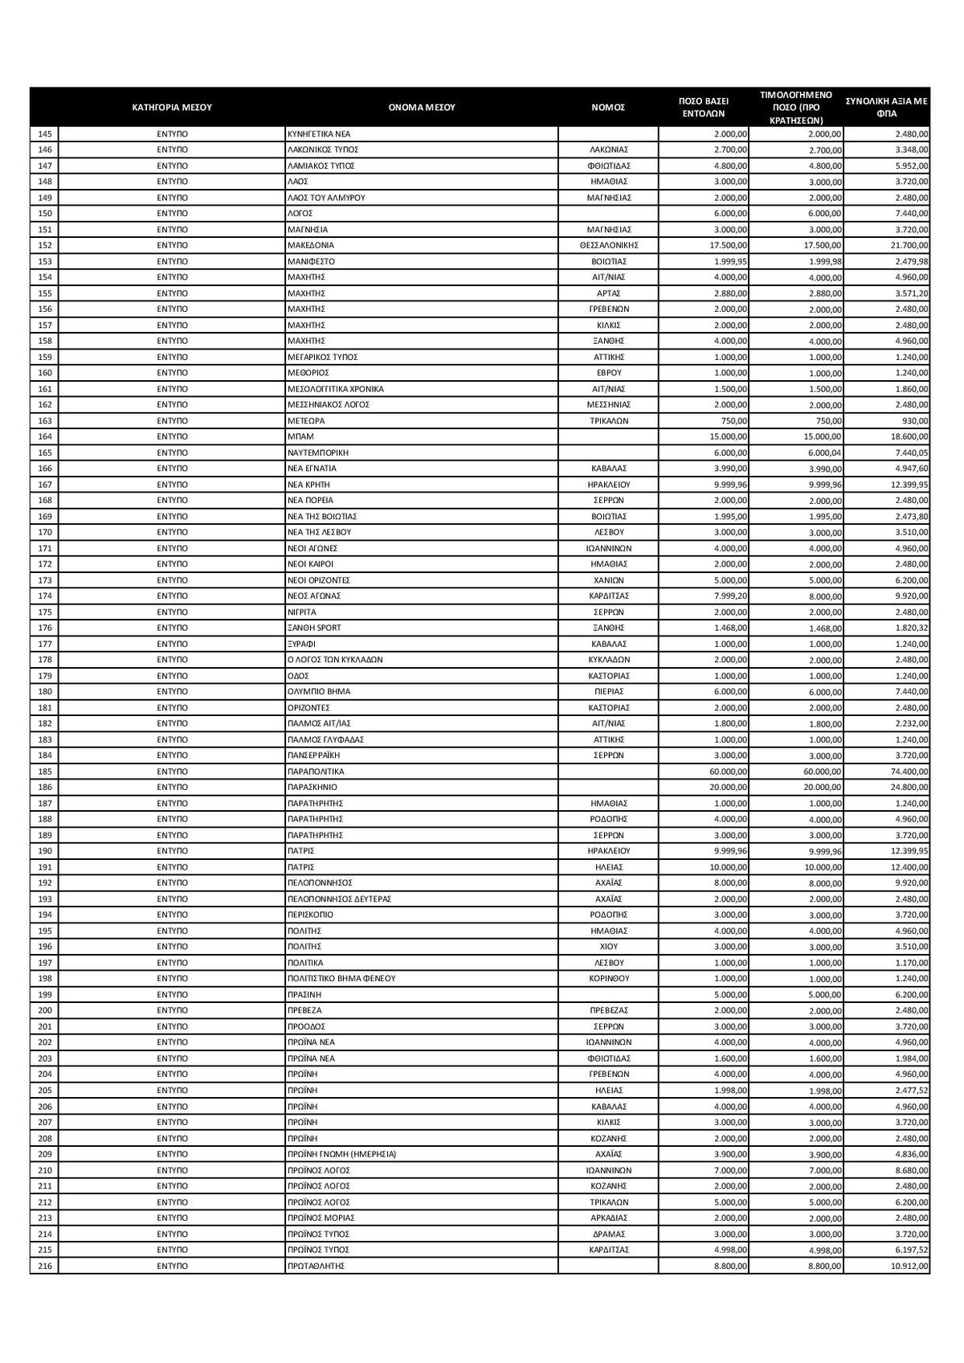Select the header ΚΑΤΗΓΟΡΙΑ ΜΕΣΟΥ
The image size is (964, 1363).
pos(171,106)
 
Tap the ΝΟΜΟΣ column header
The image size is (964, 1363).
pos(608,106)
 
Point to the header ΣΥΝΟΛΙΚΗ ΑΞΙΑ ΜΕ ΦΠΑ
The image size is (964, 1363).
pos(886,106)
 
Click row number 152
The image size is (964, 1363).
pos(44,245)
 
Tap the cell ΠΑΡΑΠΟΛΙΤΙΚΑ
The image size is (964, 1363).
pos(315,772)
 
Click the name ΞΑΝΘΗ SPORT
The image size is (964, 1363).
pos(314,628)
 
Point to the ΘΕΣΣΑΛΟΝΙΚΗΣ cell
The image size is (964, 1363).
pos(608,245)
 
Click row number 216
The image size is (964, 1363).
pos(44,1266)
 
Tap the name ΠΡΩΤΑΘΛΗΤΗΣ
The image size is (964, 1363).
pos(315,1266)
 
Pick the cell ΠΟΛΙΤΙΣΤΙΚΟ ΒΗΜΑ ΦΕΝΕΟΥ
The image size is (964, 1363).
pos(341,979)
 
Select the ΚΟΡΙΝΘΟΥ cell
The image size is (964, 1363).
pos(608,979)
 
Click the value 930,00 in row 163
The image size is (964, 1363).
pos(915,421)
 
